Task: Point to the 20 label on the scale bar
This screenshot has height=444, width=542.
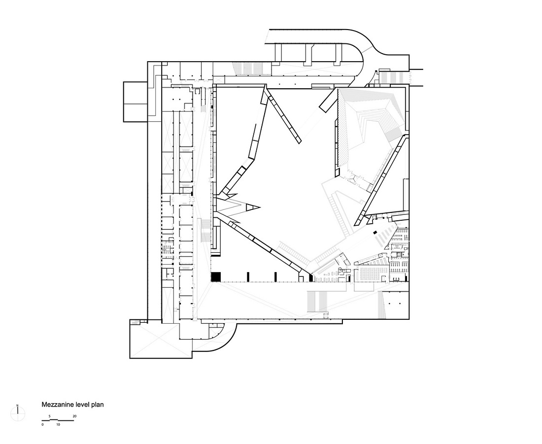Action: coord(74,416)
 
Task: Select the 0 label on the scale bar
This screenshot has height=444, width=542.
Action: coord(42,424)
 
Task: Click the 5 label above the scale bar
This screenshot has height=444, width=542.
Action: coord(50,416)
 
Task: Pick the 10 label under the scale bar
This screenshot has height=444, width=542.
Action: coord(58,424)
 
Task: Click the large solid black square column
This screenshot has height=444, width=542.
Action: coord(216,276)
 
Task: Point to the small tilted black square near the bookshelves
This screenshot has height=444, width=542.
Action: coord(374,233)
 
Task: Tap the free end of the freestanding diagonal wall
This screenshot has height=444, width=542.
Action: coord(299,142)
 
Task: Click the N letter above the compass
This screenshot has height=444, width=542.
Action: coord(18,406)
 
